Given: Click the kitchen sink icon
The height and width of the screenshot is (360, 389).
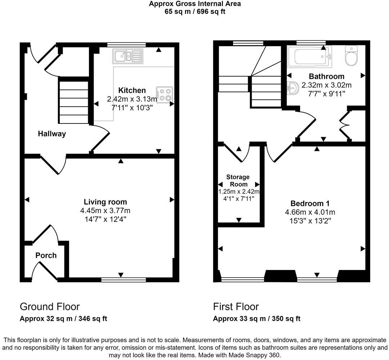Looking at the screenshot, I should tap(128, 56).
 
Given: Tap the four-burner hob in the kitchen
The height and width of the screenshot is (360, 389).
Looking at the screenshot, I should tap(165, 94).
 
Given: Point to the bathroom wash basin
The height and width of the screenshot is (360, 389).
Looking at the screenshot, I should tap(293, 87).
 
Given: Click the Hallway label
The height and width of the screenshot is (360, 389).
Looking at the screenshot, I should tap(52, 134).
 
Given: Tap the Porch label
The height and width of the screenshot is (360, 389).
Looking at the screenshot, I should tap(46, 256).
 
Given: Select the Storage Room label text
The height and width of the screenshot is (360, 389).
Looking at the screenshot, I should tap(238, 180).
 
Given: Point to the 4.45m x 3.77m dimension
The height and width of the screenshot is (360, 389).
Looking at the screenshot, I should tap(105, 211).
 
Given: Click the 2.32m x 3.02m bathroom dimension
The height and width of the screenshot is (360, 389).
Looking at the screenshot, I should tap(326, 85).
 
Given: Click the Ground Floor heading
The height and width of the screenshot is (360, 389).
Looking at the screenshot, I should tap(49, 306).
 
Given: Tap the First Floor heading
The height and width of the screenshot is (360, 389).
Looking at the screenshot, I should tap(236, 306).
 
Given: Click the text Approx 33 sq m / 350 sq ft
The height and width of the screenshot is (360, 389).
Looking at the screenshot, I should tap(256, 319).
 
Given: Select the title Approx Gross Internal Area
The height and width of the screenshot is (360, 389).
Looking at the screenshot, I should tap(195, 4).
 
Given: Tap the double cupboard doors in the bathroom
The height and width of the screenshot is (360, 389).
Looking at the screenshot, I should tap(345, 125).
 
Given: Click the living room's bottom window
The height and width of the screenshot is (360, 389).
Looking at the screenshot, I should tap(124, 279).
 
